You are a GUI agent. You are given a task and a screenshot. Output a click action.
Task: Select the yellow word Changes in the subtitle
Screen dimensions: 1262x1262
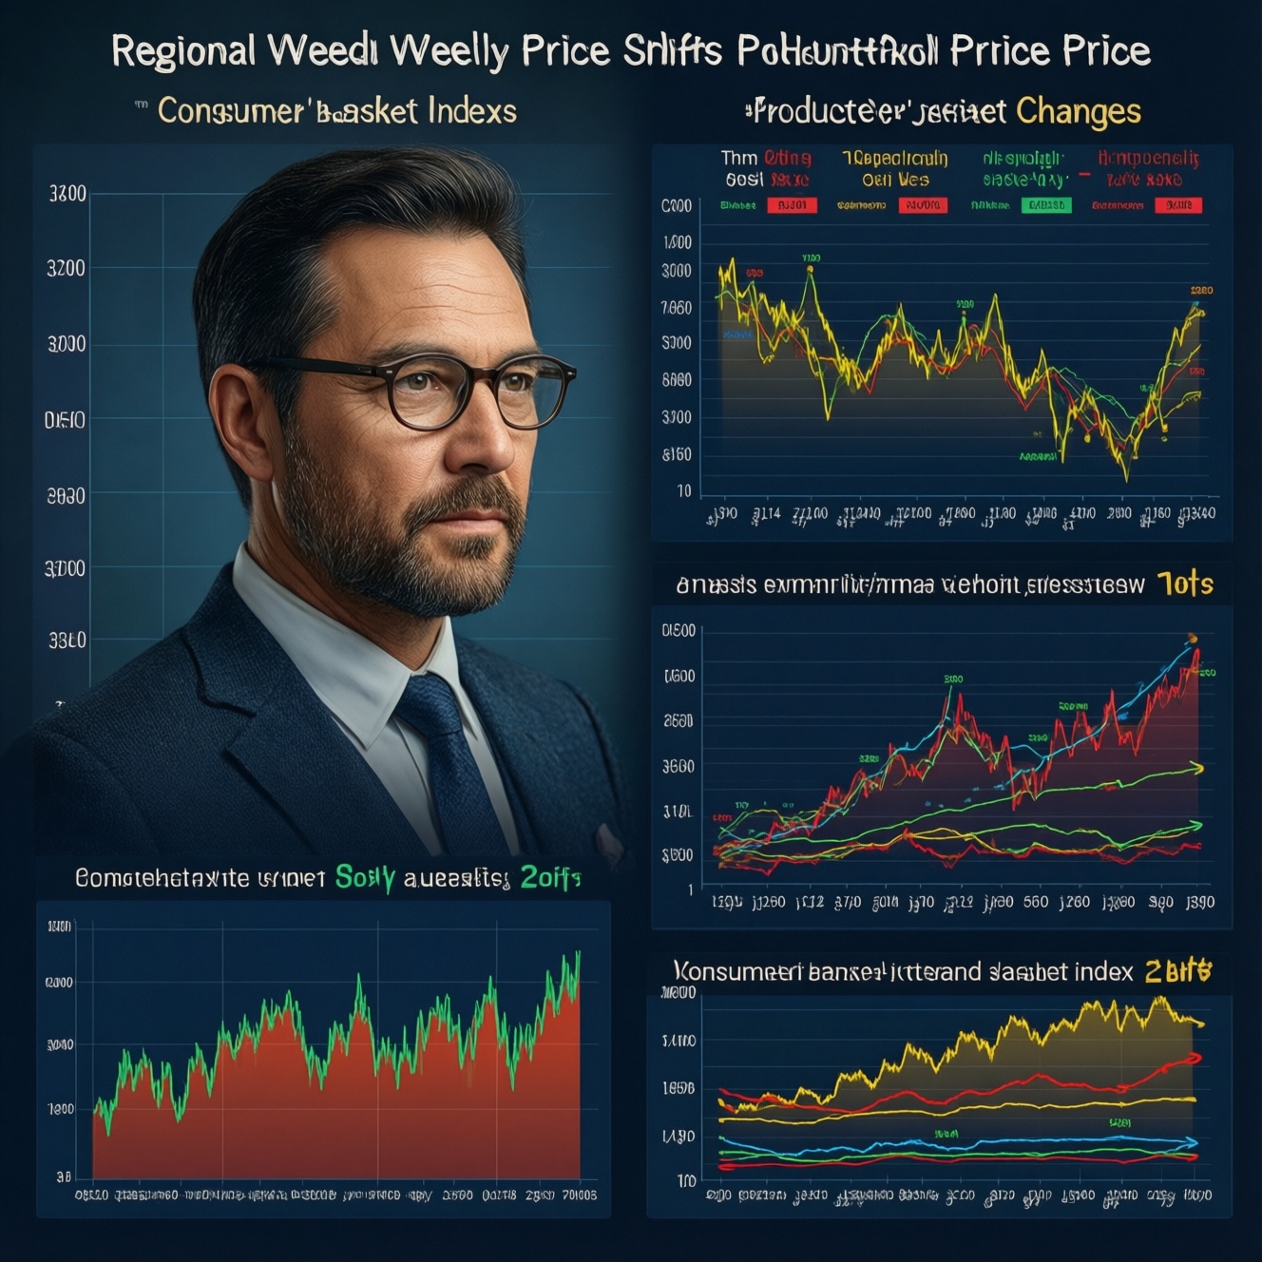(x=1078, y=112)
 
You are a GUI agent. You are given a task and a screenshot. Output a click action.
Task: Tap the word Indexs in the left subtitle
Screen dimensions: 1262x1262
(x=471, y=111)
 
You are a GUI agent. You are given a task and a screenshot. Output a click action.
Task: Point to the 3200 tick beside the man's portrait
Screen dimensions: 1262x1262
(x=66, y=269)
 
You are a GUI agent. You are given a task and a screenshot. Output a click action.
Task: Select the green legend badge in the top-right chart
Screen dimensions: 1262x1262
(x=1045, y=205)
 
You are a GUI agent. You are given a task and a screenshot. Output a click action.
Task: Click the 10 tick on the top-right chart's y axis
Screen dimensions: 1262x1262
(x=684, y=491)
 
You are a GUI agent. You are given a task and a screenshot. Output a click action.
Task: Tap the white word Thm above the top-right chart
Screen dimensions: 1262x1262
(x=738, y=158)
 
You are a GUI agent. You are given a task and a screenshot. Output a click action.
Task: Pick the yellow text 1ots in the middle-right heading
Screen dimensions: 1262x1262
(x=1185, y=583)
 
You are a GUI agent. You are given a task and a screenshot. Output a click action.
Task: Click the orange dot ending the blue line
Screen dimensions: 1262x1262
(x=1193, y=639)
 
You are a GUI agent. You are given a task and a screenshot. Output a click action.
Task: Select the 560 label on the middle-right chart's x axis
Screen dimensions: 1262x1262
(x=1035, y=902)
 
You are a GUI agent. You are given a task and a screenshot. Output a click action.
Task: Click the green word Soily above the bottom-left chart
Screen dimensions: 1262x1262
(x=365, y=878)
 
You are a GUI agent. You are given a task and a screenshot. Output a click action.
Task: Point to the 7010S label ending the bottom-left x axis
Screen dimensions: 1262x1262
(x=579, y=1195)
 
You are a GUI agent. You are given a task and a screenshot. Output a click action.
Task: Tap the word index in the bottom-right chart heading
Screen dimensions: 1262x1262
(x=1098, y=972)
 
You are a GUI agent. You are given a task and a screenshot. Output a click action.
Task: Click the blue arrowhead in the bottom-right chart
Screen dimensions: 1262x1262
(x=1193, y=1142)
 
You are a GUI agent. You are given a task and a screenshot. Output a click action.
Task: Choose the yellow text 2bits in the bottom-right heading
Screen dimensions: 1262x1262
(x=1178, y=971)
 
